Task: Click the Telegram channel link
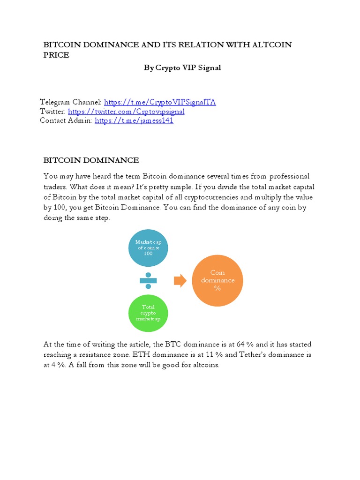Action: pos(160,102)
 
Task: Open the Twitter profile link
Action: pos(126,112)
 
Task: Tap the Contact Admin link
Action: pos(134,121)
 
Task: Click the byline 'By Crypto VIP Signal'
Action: pos(182,67)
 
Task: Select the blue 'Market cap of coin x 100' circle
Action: pos(148,247)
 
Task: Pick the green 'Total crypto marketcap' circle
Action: pos(148,313)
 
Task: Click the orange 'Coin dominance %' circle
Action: pos(217,280)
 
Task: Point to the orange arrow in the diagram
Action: pos(180,281)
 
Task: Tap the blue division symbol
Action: pos(148,280)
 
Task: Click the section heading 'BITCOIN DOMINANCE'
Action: pos(91,160)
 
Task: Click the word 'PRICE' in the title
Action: pos(56,55)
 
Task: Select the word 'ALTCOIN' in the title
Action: pos(272,45)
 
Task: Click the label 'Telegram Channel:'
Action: pos(70,102)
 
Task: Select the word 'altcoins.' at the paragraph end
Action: pos(204,365)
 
